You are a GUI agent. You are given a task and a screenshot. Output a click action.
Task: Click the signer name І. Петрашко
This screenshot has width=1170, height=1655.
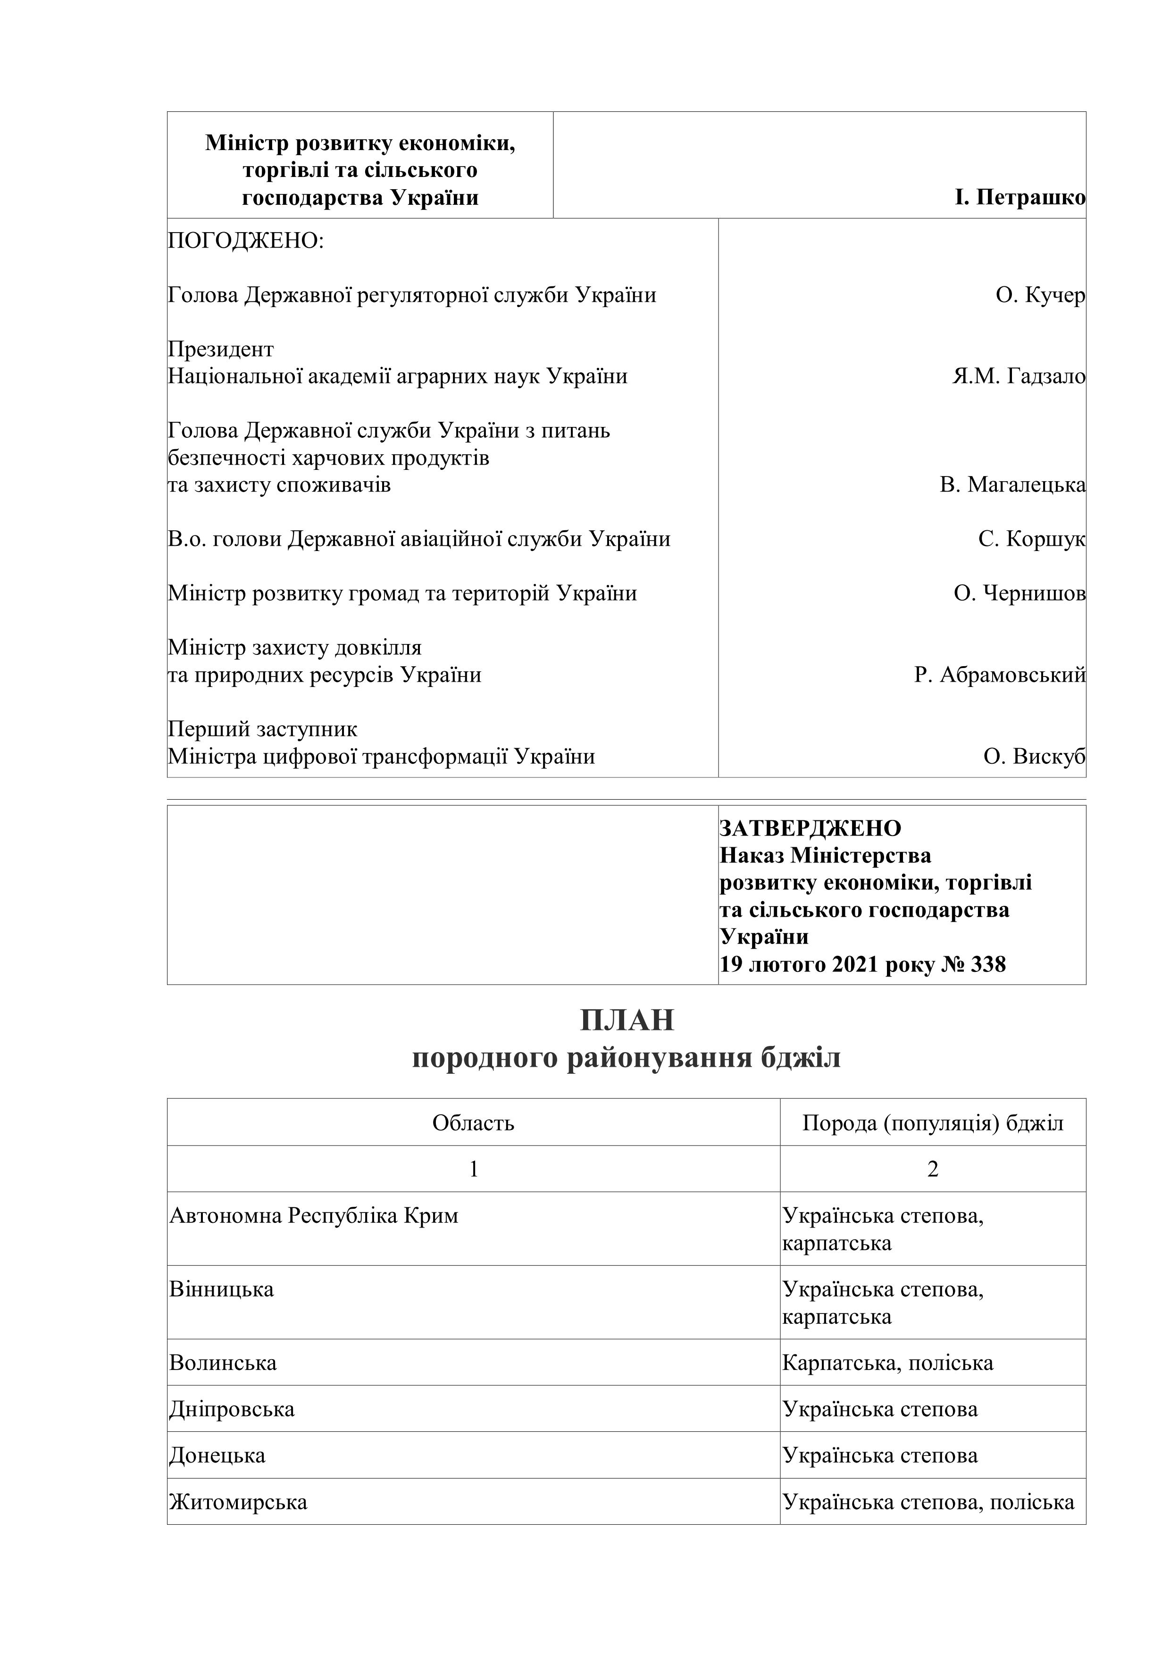pos(1020,198)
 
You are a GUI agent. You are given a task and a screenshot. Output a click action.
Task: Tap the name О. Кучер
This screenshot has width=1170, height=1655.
pos(1039,295)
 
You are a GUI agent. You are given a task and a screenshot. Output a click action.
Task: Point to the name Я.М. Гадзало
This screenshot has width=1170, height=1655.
pos(1018,376)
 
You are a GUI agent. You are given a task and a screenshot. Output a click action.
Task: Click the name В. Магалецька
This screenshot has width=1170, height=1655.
pos(1012,485)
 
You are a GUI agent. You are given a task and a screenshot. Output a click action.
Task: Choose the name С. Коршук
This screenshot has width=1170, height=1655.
pos(1031,539)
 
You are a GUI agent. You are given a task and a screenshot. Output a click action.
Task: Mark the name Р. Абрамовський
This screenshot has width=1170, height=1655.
pos(999,676)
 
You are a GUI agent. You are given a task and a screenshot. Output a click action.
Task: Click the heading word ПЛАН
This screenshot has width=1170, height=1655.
pos(627,1020)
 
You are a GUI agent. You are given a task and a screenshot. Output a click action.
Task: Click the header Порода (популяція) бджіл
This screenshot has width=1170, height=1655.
pos(932,1123)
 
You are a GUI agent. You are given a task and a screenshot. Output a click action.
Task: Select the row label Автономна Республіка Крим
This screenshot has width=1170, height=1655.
pos(314,1216)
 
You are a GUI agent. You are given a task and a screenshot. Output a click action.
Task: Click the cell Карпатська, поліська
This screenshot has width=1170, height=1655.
pos(887,1363)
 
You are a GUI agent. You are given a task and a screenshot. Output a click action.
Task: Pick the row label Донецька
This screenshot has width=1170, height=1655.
pos(217,1455)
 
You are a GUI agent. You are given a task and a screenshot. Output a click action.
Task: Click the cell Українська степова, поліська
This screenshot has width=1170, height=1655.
pos(928,1502)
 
